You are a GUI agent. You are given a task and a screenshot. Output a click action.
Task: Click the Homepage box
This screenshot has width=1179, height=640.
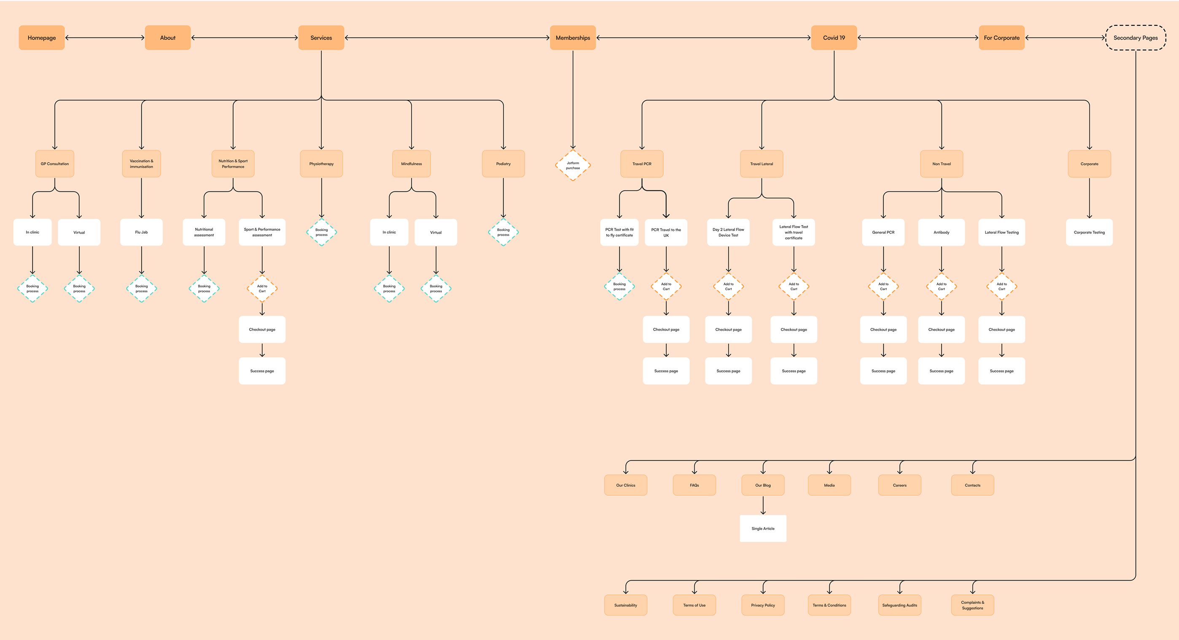click(42, 38)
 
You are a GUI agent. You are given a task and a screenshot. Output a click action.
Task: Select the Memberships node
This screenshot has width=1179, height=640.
click(573, 38)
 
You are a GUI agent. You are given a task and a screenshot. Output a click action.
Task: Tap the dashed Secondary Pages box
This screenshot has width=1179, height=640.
click(1135, 38)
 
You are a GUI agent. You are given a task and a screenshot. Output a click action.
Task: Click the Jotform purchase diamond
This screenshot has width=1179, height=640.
click(573, 165)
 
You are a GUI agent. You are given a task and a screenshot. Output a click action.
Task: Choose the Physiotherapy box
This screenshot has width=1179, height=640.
click(321, 164)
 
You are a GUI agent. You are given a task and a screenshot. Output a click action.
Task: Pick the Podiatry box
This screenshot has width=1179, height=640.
click(503, 164)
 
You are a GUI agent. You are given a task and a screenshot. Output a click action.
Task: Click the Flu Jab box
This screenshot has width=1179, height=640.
click(141, 232)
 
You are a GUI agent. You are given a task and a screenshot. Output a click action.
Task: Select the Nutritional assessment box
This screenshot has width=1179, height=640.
click(204, 232)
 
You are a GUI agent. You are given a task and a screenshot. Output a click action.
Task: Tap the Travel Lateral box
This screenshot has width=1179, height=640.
click(762, 164)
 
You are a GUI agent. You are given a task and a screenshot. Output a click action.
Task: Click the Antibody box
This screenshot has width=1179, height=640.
click(941, 232)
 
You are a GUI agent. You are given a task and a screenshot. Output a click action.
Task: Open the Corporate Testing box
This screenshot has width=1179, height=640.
click(1089, 232)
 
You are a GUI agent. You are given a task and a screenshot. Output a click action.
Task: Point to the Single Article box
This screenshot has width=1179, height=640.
click(763, 528)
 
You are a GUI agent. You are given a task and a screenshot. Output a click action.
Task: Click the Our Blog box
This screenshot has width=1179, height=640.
click(763, 485)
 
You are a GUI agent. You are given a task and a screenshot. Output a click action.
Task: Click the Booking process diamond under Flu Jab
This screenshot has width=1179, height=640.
click(141, 289)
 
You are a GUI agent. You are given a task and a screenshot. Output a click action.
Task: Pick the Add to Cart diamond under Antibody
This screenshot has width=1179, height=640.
click(941, 286)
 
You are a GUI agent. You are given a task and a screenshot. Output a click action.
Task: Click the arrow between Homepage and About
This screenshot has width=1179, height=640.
click(105, 38)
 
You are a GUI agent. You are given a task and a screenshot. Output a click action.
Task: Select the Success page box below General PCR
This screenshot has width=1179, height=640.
click(883, 371)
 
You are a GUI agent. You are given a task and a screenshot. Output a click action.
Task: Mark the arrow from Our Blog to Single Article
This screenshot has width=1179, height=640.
click(763, 505)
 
